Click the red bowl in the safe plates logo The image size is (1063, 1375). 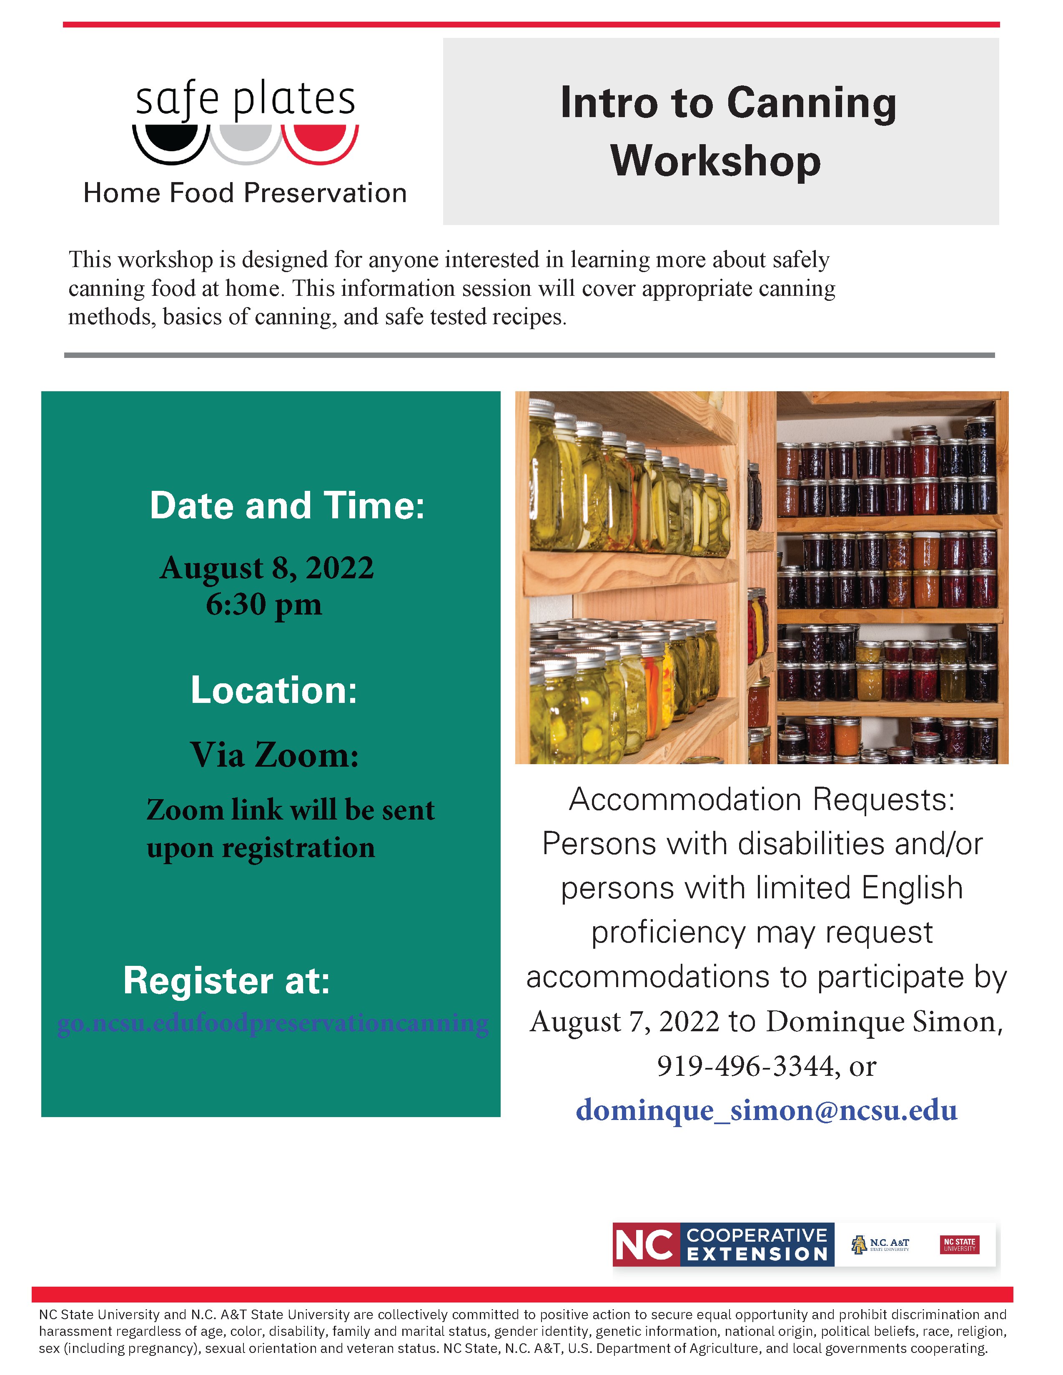coord(320,138)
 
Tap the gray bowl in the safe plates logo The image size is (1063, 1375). coord(246,138)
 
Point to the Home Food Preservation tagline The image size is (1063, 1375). coord(245,192)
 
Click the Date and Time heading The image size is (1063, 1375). coord(287,505)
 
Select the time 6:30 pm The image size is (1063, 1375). coord(264,605)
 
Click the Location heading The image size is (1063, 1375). coord(274,690)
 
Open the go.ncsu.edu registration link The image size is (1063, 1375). coord(272,1023)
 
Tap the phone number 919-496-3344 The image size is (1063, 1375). coord(745,1066)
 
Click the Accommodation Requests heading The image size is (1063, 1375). coord(761,800)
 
